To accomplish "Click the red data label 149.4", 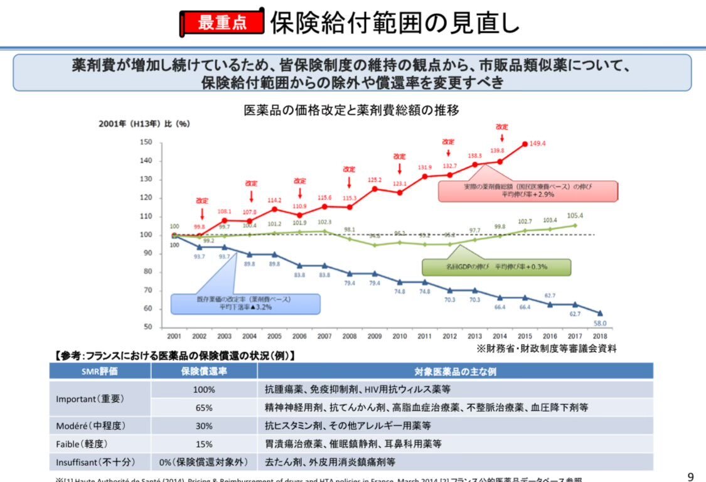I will (538, 144).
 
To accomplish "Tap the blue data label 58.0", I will (600, 323).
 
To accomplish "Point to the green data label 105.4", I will (574, 215).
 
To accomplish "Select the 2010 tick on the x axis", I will (399, 336).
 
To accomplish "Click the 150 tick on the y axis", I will (146, 142).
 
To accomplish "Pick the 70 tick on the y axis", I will (147, 291).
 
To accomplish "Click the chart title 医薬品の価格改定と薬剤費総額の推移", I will (351, 110).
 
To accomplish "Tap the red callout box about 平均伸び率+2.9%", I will (528, 191).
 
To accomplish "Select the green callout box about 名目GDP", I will (496, 267).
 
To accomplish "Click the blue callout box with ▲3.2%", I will (245, 303).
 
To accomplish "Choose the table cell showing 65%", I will (204, 407).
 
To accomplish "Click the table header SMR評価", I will (100, 372).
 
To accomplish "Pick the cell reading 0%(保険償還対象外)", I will (204, 462).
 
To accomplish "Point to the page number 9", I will (691, 475).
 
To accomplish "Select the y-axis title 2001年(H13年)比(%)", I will (144, 124).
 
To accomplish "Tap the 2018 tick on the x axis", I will (600, 336).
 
